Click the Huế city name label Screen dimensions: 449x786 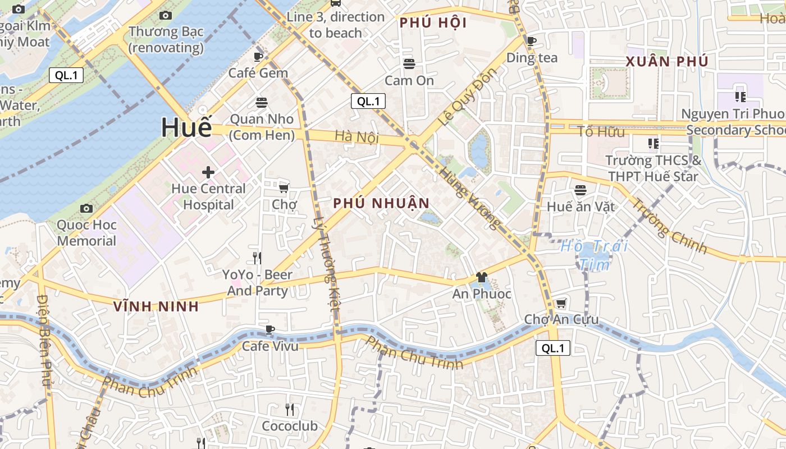[187, 127]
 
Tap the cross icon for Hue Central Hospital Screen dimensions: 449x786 [208, 172]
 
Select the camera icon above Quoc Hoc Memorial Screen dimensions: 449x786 [86, 209]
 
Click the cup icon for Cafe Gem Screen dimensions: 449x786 [258, 57]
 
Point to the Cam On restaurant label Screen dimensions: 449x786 [409, 80]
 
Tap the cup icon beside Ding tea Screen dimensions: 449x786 [532, 40]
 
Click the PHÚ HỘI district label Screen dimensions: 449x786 [433, 23]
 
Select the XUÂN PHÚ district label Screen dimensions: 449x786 [667, 62]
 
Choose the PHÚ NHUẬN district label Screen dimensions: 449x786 [381, 203]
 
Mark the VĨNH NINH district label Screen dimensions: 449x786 [156, 306]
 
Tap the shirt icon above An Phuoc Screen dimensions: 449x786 [481, 277]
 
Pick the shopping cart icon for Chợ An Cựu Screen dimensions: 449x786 [560, 304]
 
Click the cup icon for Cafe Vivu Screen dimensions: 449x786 [270, 329]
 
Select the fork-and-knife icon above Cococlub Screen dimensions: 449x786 [290, 409]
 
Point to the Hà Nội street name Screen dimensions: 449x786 [357, 136]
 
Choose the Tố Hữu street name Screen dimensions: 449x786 [601, 132]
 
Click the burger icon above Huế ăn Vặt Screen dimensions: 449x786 [580, 190]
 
